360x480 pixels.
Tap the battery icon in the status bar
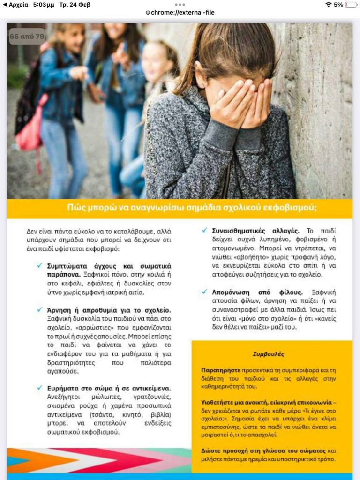pos(351,5)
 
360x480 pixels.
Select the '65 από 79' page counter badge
pos(27,36)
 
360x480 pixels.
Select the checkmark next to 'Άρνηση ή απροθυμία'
pos(40,310)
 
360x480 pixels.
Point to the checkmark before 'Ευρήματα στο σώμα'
pos(40,388)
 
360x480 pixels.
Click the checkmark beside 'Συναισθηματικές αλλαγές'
pos(204,230)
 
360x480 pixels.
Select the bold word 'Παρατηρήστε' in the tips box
pos(220,370)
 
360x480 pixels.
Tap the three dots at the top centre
pos(180,4)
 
